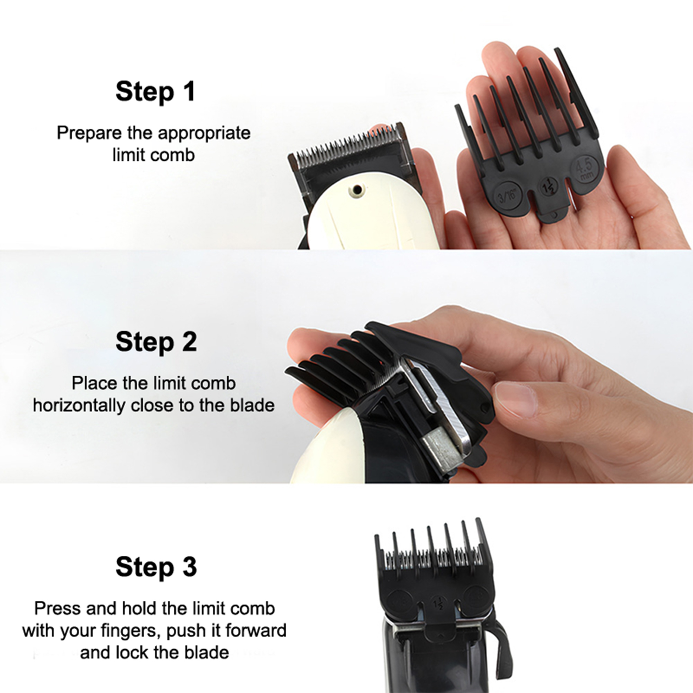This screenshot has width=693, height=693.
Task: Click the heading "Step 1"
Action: tap(155, 92)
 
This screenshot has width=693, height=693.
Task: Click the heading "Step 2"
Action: tap(156, 342)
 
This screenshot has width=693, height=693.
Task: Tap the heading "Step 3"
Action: tap(156, 567)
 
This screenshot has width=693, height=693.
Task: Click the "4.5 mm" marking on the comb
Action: tap(585, 168)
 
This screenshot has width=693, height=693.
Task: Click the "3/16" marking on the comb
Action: tap(507, 196)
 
